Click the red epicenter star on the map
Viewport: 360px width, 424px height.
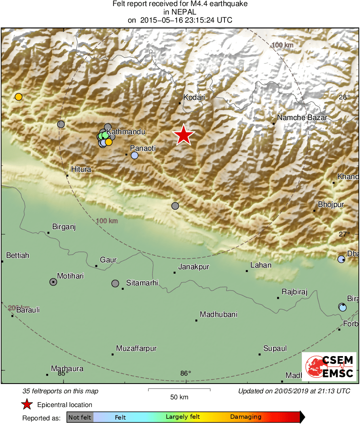point(184,135)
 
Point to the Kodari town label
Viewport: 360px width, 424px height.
point(194,97)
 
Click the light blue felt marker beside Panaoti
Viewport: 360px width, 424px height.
point(135,155)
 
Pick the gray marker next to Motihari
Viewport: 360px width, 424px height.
point(53,282)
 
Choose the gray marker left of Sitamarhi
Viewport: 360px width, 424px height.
point(115,283)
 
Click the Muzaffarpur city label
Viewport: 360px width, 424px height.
point(136,348)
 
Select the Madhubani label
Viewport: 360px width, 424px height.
point(218,314)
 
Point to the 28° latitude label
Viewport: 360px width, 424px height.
point(345,97)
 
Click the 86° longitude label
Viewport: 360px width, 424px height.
point(186,373)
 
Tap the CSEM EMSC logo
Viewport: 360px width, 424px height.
point(329,367)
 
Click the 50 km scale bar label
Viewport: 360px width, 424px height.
point(179,397)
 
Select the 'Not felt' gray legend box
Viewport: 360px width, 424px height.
point(80,417)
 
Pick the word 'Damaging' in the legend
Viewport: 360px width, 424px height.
point(246,417)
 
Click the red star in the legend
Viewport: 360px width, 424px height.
point(27,404)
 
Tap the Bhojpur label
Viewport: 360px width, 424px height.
point(331,205)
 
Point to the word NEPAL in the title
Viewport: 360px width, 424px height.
point(180,12)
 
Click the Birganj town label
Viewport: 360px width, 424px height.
point(64,227)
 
